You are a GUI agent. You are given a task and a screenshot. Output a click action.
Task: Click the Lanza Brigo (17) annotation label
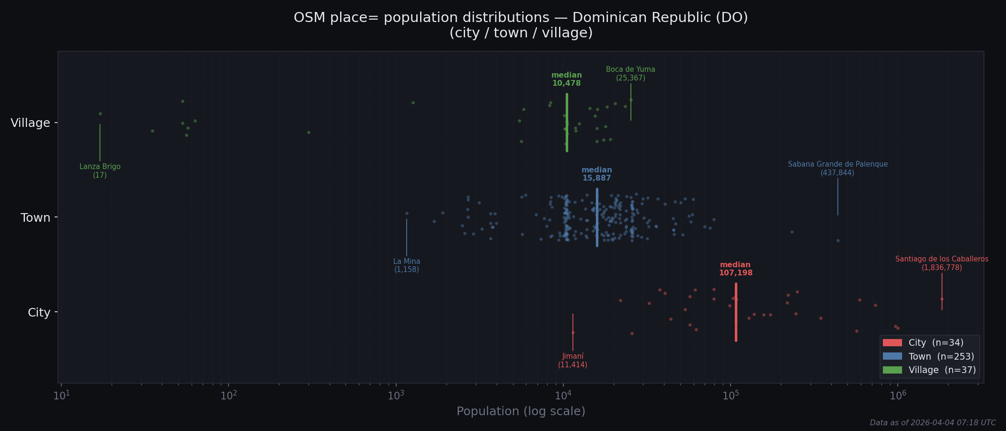click(100, 171)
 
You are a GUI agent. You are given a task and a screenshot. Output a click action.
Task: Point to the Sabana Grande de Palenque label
click(837, 168)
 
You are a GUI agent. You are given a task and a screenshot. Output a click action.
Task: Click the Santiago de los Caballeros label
click(941, 263)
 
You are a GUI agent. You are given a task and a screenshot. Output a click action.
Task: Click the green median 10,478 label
click(566, 79)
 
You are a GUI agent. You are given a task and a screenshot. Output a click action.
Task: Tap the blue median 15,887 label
click(596, 174)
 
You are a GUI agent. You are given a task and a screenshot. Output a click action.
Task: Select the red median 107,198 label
click(735, 269)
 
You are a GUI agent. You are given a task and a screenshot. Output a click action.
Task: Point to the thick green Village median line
click(567, 123)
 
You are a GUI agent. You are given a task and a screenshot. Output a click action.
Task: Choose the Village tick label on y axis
click(31, 123)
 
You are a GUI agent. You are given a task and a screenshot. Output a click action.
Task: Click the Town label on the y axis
click(35, 218)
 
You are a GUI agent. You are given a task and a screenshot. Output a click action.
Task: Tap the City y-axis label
click(39, 313)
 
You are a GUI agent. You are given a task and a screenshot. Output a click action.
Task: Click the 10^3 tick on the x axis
click(396, 396)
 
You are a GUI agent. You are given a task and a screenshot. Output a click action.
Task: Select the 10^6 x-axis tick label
click(897, 396)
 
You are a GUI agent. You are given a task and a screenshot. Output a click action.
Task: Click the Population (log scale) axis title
click(521, 411)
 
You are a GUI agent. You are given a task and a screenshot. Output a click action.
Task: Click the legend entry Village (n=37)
click(929, 370)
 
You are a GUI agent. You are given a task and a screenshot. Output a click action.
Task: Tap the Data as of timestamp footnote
click(932, 423)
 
